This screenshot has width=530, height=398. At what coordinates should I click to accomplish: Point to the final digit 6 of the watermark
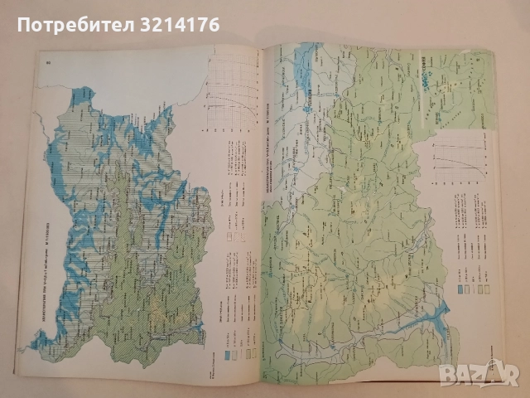(212, 24)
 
